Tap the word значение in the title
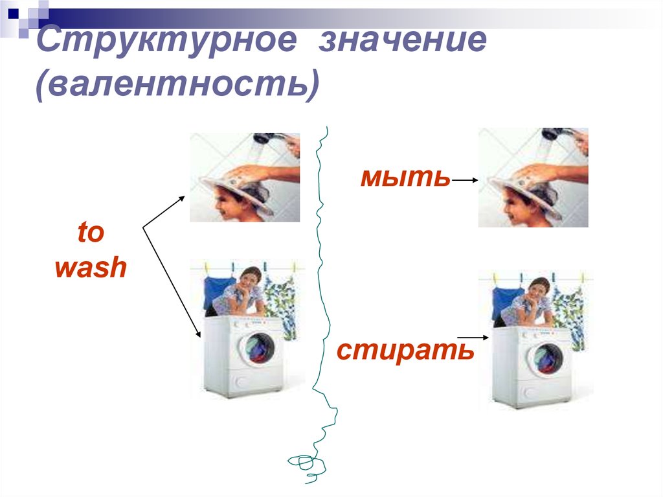[x=401, y=42]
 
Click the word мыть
[x=405, y=177]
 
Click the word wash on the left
[x=90, y=267]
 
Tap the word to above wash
[x=90, y=232]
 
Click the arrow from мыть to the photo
[x=464, y=181]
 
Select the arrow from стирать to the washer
[x=473, y=338]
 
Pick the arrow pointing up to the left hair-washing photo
[x=164, y=211]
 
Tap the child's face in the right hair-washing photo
[x=511, y=207]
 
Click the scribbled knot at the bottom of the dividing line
[x=304, y=463]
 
